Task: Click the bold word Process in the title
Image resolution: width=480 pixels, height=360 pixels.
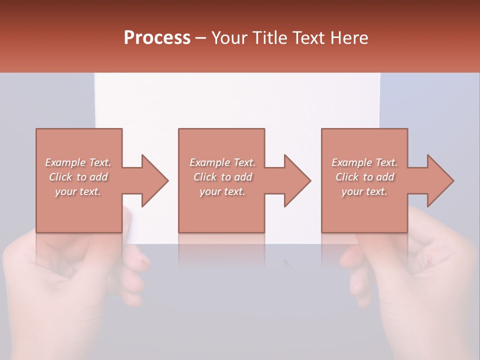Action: coord(157,38)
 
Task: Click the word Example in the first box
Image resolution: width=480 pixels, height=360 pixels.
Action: coord(65,162)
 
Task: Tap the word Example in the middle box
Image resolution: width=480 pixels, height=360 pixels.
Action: coord(209,162)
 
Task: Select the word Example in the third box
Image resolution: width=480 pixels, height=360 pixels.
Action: coord(351,162)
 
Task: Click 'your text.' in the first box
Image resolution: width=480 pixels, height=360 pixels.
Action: coord(78,191)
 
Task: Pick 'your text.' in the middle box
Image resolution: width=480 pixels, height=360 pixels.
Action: coord(222,191)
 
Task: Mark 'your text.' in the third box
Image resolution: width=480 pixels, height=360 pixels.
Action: coord(364,191)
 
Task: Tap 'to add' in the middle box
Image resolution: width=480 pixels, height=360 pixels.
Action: coord(236,177)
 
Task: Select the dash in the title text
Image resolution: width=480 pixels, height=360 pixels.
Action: coord(201,38)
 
